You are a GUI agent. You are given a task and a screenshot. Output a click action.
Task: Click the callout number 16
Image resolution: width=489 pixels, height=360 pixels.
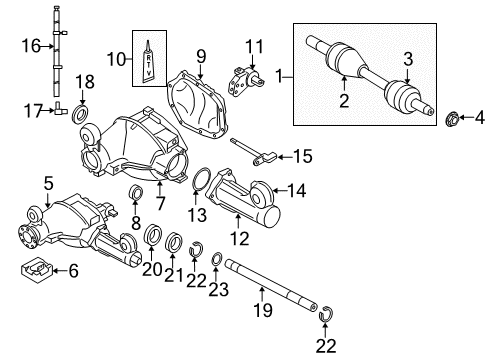[31, 45]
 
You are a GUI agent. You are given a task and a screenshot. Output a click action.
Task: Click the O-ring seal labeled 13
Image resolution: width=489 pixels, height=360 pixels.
[196, 181]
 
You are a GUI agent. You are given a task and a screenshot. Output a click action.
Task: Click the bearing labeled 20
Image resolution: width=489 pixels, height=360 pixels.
[154, 236]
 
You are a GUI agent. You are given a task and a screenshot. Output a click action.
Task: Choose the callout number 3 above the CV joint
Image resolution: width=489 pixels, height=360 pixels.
[407, 59]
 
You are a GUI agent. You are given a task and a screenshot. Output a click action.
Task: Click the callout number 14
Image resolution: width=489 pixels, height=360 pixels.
[296, 188]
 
